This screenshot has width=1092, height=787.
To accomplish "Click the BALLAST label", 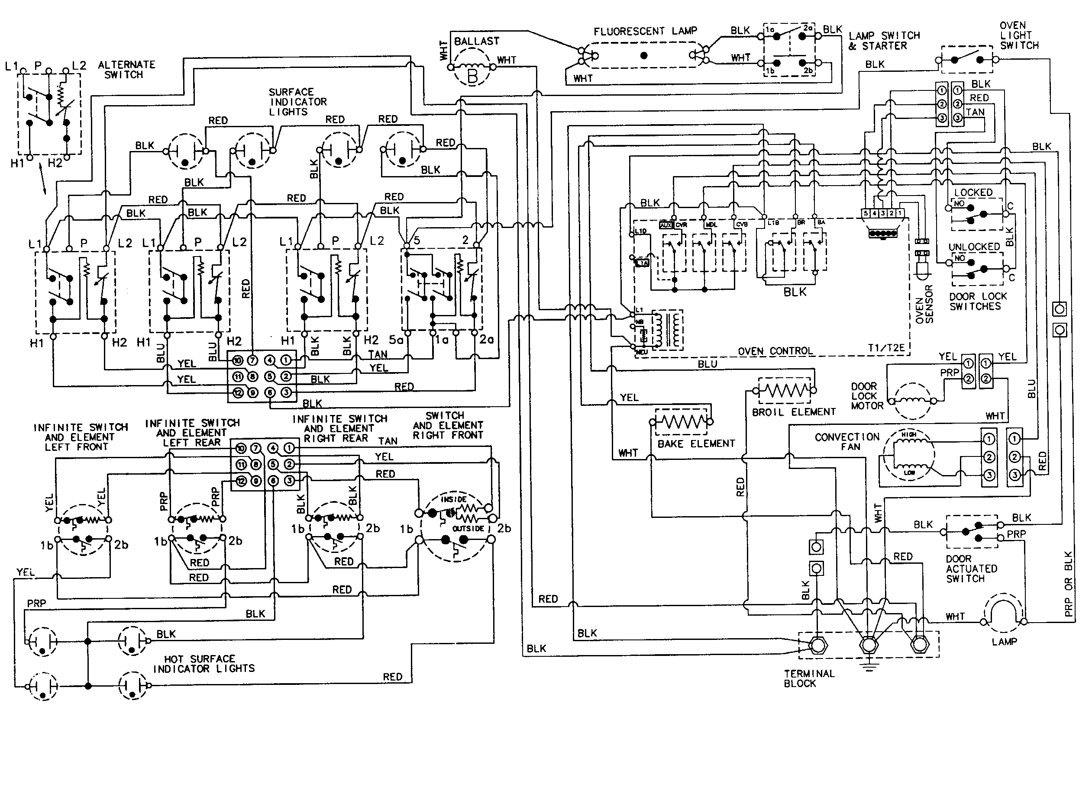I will pos(476,42).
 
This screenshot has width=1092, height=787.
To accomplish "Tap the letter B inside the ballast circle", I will pos(472,76).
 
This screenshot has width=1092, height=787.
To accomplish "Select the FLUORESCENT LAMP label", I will pos(645,32).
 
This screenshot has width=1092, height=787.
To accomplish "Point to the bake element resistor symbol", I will pos(681,422).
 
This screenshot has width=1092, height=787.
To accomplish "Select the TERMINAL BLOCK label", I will pos(809,678).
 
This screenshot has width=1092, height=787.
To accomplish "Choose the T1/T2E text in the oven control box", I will pos(886,348).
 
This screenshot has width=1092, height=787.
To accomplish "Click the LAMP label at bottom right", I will pos(1004,642).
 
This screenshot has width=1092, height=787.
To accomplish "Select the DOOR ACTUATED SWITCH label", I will pos(971,569).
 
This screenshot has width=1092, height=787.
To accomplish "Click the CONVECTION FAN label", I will pos(847,442).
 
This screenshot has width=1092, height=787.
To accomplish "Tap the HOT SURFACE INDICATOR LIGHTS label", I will pos(204,664).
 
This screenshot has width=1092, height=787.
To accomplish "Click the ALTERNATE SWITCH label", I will pos(126,70).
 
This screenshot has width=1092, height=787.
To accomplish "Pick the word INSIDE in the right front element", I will pos(453,499).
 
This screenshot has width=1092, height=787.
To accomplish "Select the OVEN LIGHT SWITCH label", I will pos(1019,35).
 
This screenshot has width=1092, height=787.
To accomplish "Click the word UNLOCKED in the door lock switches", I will pos(973,247).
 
